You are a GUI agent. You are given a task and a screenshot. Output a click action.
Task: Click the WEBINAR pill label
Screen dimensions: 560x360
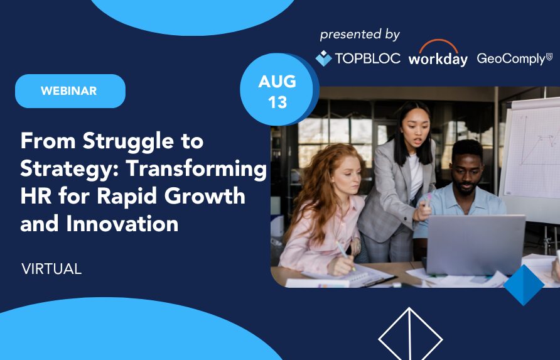[70, 91]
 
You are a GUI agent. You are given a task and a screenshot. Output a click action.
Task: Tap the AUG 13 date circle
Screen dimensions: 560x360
[277, 90]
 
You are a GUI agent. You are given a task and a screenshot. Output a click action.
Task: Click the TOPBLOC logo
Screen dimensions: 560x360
[358, 58]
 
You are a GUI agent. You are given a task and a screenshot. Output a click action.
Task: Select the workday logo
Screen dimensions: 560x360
[438, 53]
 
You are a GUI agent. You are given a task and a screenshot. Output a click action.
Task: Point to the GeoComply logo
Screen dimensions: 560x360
[514, 58]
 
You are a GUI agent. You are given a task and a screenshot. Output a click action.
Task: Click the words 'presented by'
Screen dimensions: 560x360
[360, 35]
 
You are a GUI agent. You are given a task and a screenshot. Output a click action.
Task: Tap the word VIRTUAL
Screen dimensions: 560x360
[51, 269]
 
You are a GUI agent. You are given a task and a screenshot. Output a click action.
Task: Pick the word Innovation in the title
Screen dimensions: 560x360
[122, 224]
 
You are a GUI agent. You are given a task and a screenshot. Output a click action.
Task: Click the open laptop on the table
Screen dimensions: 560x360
[475, 245]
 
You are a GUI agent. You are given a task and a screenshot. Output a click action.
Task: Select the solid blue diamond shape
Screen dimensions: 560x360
[524, 285]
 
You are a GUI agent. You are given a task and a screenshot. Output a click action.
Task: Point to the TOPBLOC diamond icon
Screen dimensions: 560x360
[323, 58]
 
